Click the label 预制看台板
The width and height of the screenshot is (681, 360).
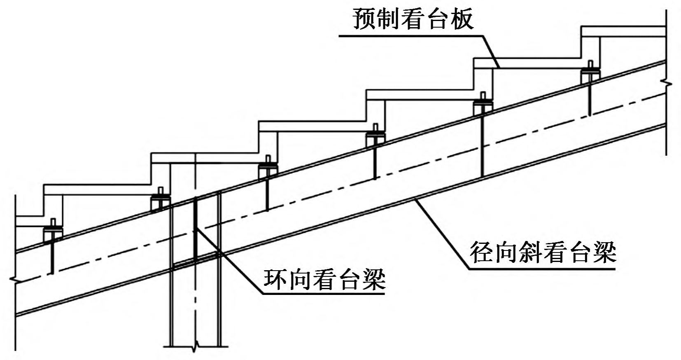pyautogui.click(x=413, y=19)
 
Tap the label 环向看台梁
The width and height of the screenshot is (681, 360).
pyautogui.click(x=324, y=280)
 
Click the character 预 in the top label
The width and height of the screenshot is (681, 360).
pyautogui.click(x=364, y=19)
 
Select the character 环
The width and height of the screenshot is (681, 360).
pyautogui.click(x=275, y=280)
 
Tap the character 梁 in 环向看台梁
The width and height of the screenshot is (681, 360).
pyautogui.click(x=374, y=280)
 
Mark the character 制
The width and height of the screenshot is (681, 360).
pyautogui.click(x=388, y=19)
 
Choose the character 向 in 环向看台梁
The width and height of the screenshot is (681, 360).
pyautogui.click(x=300, y=280)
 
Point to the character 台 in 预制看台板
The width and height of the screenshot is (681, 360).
pyautogui.click(x=438, y=19)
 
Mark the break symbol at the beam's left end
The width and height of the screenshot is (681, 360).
pyautogui.click(x=16, y=280)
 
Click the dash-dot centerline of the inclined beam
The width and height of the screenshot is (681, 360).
pyautogui.click(x=329, y=188)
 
